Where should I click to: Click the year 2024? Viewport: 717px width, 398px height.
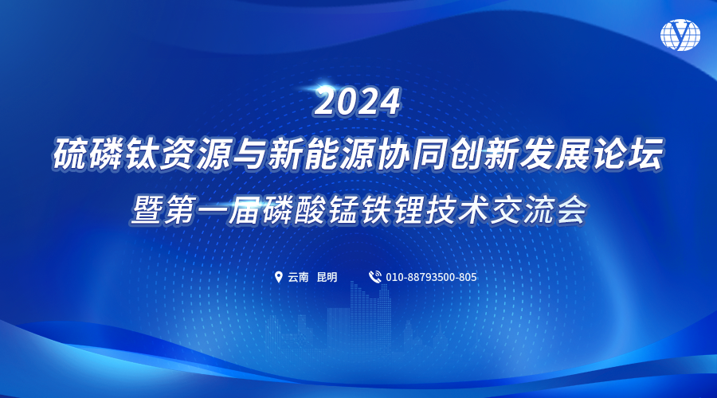[358, 102]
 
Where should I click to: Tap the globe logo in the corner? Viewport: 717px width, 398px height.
[680, 35]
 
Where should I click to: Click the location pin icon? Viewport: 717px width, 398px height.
[278, 277]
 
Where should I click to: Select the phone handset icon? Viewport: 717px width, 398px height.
[375, 277]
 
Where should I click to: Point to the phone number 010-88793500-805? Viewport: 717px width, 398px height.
[431, 277]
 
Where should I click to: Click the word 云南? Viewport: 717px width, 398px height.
[298, 277]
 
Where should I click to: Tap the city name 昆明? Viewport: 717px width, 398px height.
[327, 277]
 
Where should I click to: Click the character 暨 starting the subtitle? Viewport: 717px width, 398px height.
[147, 211]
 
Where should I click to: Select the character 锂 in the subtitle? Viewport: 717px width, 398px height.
[407, 211]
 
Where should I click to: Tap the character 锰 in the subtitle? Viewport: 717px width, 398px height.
[342, 211]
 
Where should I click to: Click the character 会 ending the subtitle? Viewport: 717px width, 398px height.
[570, 211]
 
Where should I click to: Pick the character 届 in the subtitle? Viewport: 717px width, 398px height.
[245, 211]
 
